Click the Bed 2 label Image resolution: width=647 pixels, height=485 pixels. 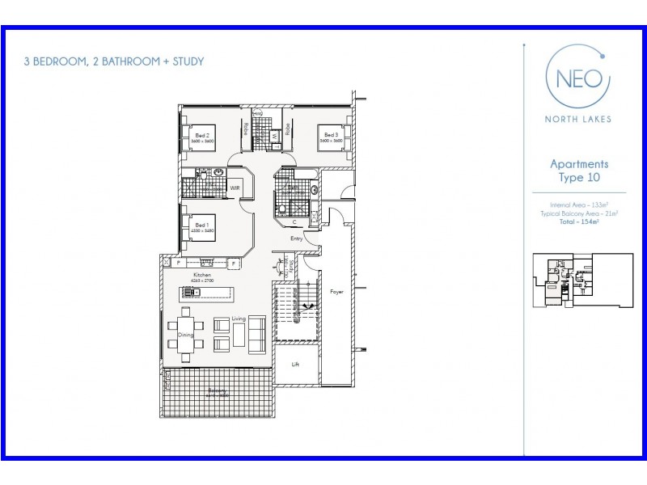[202, 135]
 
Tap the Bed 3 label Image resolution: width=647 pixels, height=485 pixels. [330, 135]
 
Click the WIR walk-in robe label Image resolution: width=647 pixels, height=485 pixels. [235, 188]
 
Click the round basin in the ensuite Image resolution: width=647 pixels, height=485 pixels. [218, 173]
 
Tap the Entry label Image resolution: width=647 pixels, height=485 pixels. [297, 238]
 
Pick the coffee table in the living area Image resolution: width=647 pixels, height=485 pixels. [239, 333]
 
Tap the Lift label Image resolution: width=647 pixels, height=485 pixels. [296, 365]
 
